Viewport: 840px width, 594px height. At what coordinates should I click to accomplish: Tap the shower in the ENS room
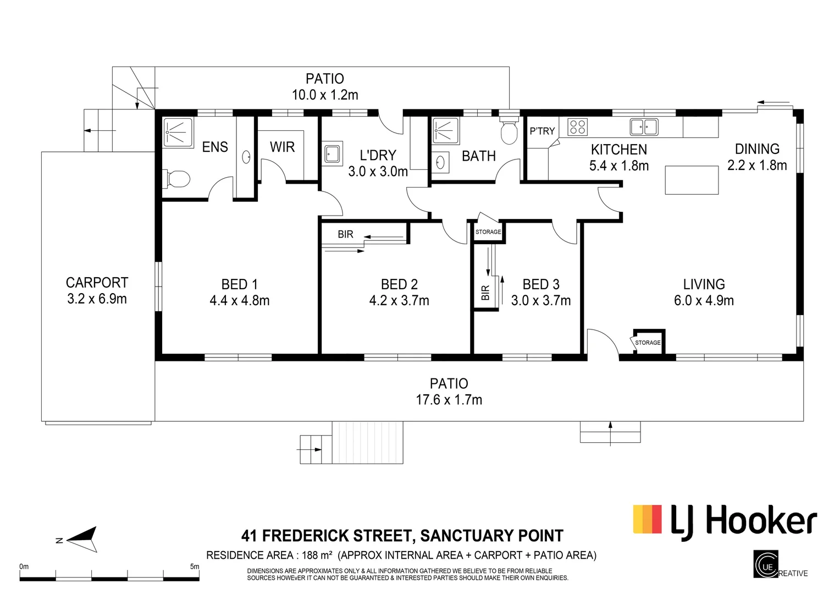coord(178,133)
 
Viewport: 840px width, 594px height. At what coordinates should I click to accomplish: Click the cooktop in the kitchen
coord(577,127)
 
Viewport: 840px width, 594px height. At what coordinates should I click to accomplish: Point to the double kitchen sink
coord(644,127)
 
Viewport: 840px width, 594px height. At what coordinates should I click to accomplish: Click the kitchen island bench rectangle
coord(692,180)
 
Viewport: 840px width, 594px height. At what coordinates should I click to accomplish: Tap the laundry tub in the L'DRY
coord(332,154)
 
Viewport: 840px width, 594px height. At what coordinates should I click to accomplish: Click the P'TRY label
coord(542,131)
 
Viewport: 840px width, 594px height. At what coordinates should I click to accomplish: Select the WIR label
coord(282,147)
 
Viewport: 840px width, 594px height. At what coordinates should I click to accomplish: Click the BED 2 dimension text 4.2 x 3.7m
coord(399,301)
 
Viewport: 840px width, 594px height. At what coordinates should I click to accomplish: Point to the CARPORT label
coord(97,283)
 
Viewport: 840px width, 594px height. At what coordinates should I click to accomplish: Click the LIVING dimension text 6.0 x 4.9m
coord(704,301)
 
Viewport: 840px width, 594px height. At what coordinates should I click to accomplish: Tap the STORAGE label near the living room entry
coord(648,343)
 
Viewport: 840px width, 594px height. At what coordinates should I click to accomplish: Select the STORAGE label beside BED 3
coord(488,232)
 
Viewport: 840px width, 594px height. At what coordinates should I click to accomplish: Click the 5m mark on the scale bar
coord(194,566)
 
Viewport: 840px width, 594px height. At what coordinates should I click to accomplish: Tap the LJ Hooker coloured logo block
coord(648,519)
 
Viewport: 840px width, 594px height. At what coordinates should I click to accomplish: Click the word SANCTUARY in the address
coord(468,536)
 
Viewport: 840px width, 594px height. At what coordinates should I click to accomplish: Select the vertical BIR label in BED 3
coord(485,293)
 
